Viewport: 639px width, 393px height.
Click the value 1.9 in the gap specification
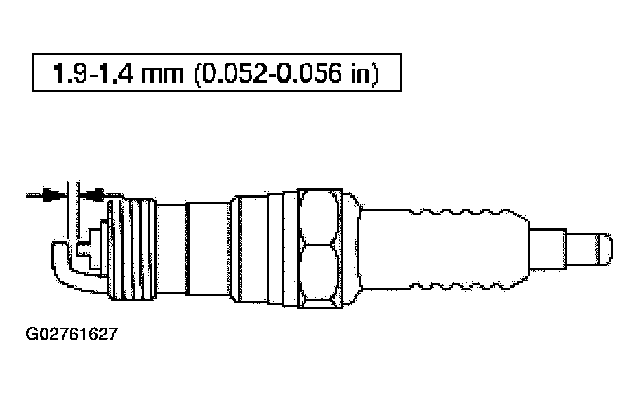70,74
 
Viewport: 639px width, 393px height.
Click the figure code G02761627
72,334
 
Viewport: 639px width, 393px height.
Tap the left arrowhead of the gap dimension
52,195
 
